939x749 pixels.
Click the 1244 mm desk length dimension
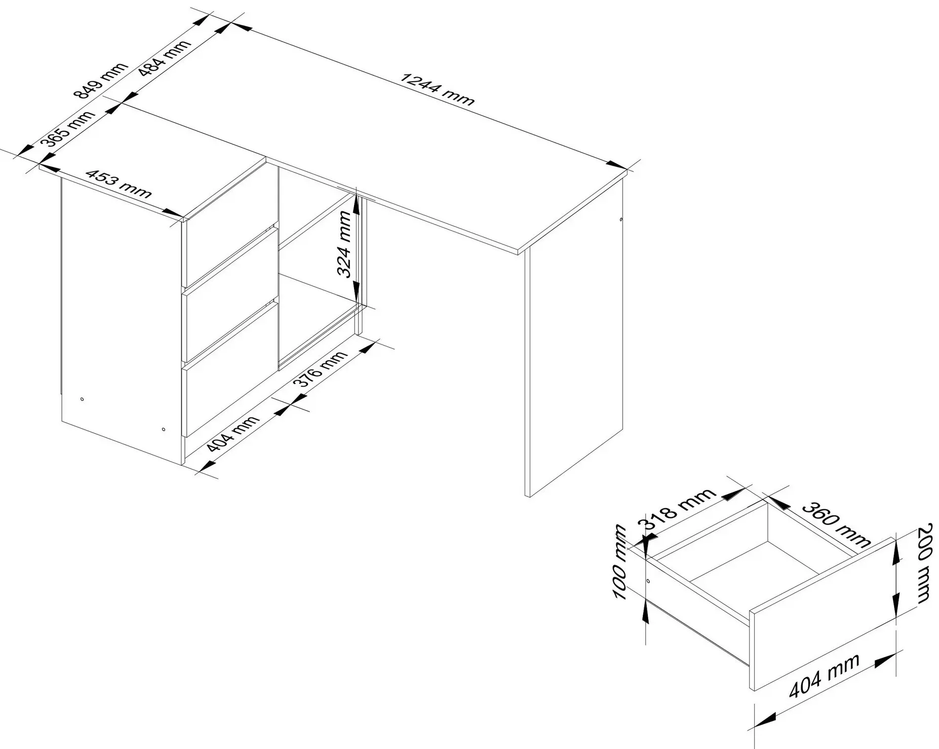coord(438,89)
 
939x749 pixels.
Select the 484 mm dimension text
coord(165,57)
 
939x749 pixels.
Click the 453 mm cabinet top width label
coord(118,183)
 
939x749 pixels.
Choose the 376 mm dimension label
coord(321,368)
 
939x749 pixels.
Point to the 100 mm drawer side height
coord(620,563)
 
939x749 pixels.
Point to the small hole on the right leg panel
coord(620,220)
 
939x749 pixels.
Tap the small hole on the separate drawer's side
coord(648,581)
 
